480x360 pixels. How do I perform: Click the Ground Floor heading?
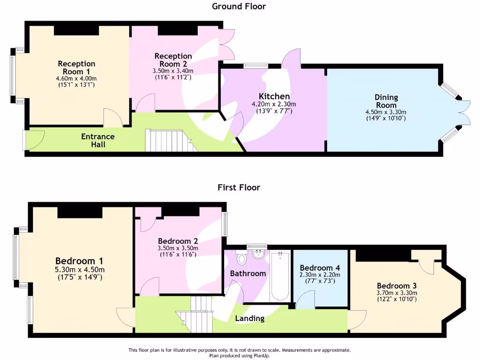(x=239, y=7)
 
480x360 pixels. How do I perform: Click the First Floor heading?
(x=239, y=187)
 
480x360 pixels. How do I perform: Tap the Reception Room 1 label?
(x=76, y=67)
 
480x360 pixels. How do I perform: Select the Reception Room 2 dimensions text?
(x=173, y=74)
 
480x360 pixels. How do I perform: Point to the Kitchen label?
(x=274, y=97)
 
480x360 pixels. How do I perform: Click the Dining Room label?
(x=386, y=101)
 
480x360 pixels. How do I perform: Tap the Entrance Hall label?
(x=98, y=140)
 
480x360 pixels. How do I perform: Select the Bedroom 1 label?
(x=79, y=261)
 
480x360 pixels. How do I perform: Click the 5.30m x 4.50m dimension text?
(x=79, y=270)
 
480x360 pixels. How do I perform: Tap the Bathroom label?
(x=248, y=273)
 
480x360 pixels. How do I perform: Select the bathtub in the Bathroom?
(x=280, y=277)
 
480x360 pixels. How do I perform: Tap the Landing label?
(x=249, y=319)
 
